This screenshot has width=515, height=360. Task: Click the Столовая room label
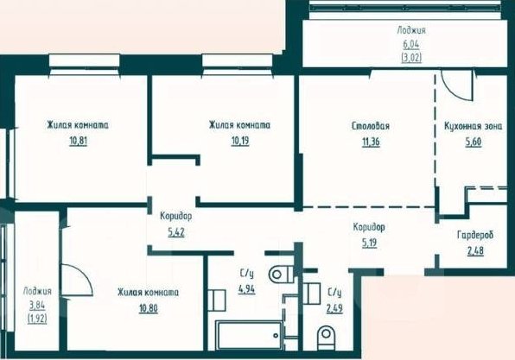point(370,126)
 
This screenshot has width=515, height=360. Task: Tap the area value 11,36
point(371,142)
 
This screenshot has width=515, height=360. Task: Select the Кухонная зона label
point(473,126)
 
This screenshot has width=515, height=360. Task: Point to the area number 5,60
point(474,142)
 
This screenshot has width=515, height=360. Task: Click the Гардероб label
point(475,235)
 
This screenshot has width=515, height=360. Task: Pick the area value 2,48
point(475,250)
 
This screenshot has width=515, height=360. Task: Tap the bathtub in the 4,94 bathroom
point(249,335)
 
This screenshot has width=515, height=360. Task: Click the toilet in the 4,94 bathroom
point(281,274)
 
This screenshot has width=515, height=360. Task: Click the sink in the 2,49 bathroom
point(311,294)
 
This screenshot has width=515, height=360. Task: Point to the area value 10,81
point(78,141)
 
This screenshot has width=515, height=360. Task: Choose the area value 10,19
point(240,141)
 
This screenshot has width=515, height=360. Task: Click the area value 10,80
point(149,308)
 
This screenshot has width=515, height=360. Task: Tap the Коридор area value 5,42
point(176,232)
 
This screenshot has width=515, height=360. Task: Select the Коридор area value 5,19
point(369,243)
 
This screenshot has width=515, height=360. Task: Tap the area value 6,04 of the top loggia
point(411,44)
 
